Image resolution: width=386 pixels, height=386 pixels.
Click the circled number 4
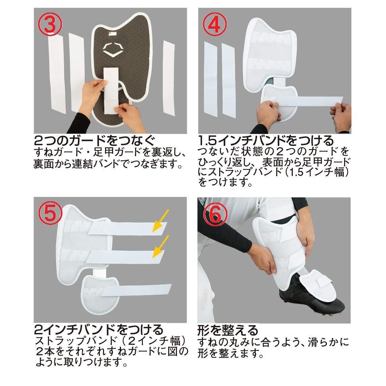coord(215,24)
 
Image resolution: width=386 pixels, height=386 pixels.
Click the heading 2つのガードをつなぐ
coord(95,141)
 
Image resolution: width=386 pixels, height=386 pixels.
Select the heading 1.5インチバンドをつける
coord(266,141)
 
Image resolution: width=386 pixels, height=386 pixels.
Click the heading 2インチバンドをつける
coord(99,330)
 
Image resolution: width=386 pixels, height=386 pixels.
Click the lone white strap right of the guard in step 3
coord(169,78)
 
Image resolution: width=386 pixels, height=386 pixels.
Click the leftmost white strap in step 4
coord(211,78)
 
